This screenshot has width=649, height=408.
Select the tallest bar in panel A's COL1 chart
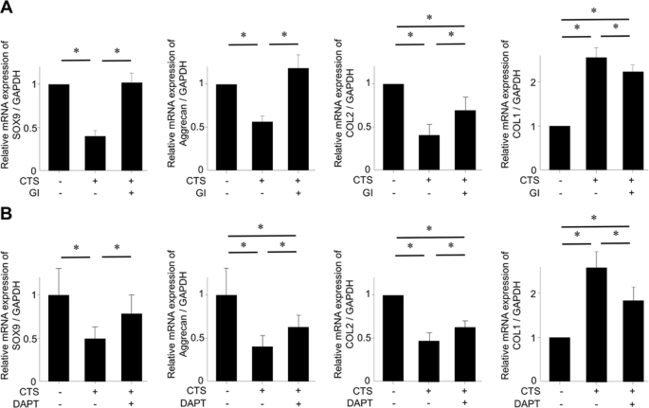pos(596,114)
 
